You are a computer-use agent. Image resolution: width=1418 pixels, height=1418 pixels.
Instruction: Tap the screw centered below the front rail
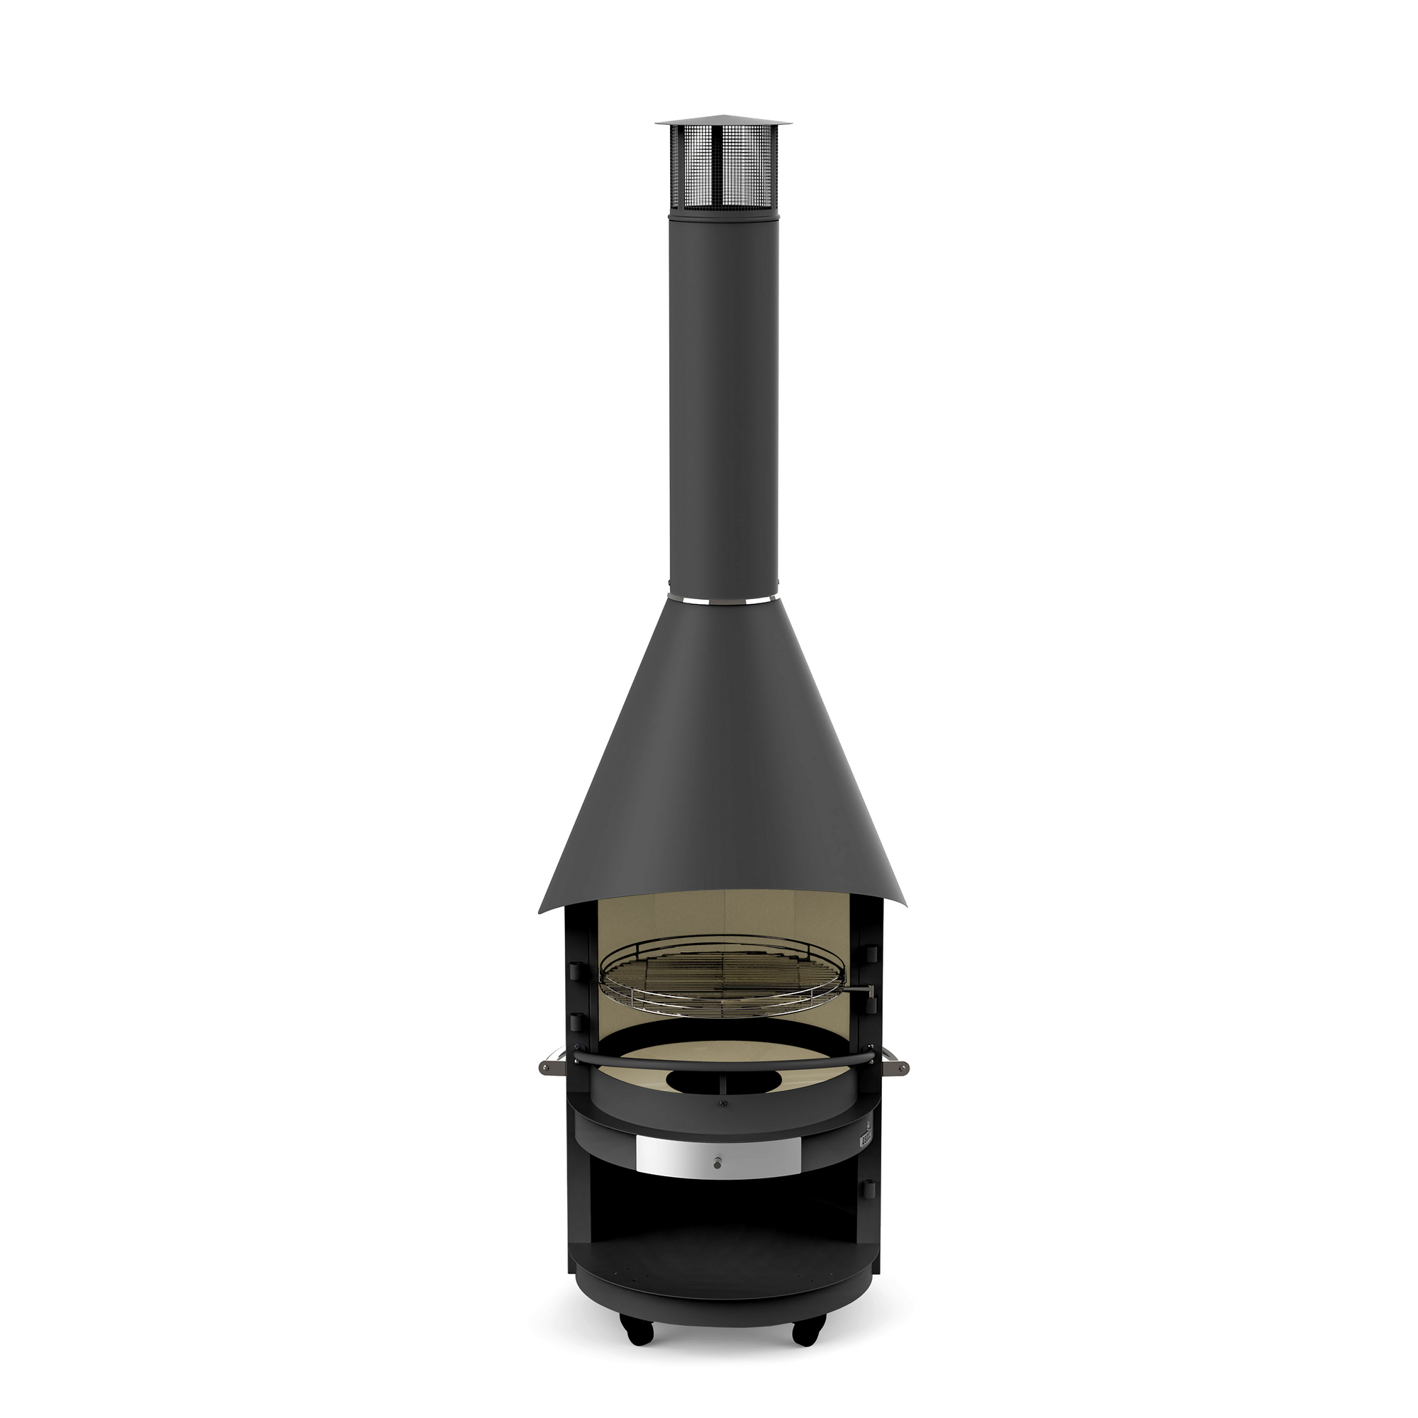point(724,1124)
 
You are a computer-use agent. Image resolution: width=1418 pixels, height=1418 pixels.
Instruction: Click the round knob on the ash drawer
point(715,1163)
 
